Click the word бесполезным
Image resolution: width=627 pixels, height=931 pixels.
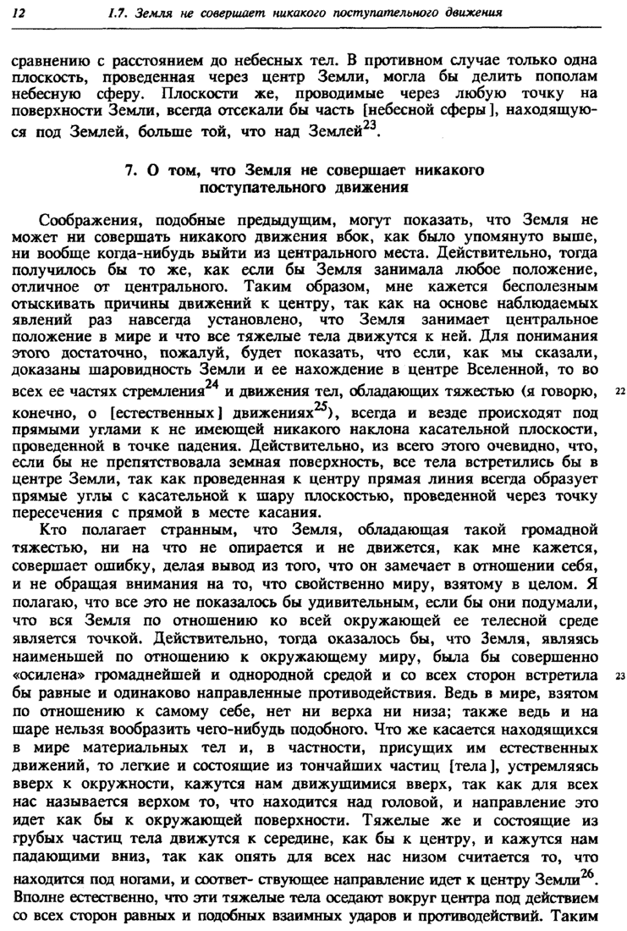pos(544,287)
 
